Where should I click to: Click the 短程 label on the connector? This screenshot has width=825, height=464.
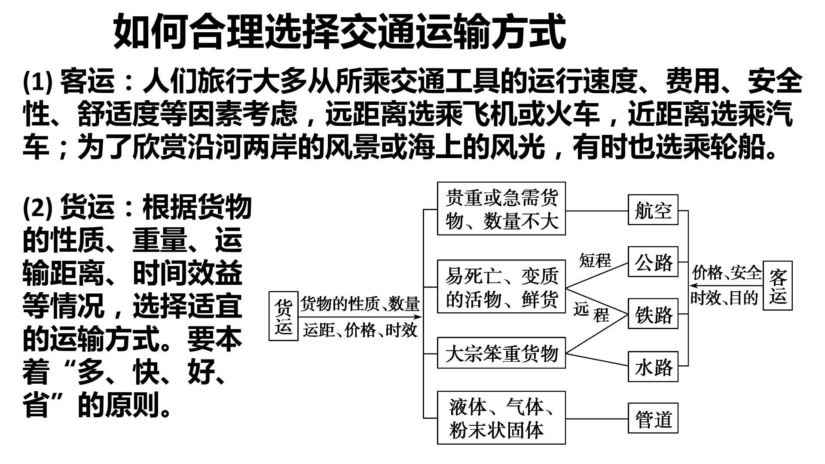tap(595, 260)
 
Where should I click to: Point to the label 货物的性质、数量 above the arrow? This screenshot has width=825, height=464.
tap(360, 304)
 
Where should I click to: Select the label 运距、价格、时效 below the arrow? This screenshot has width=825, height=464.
tap(360, 330)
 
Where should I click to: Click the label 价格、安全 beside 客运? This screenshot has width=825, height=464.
tap(727, 272)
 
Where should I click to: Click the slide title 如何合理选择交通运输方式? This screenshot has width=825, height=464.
tap(339, 31)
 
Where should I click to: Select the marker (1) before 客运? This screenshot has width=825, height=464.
tap(37, 82)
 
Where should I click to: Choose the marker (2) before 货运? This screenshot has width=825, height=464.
tap(37, 207)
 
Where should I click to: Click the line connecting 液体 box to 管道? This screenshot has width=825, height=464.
tap(597, 418)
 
